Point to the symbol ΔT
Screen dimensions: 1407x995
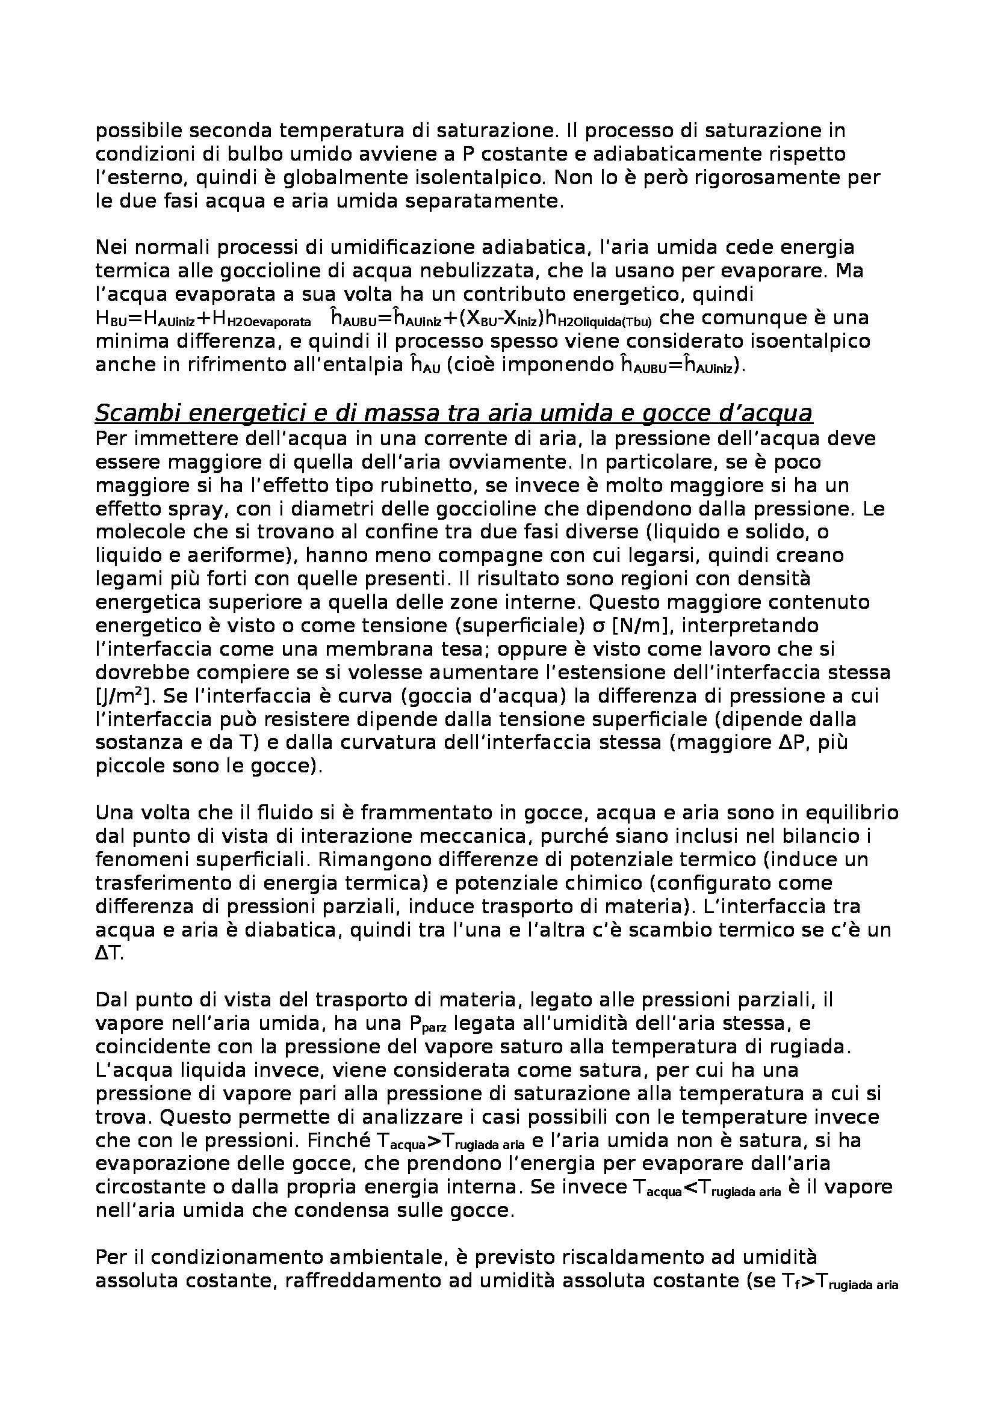pyautogui.click(x=109, y=954)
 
